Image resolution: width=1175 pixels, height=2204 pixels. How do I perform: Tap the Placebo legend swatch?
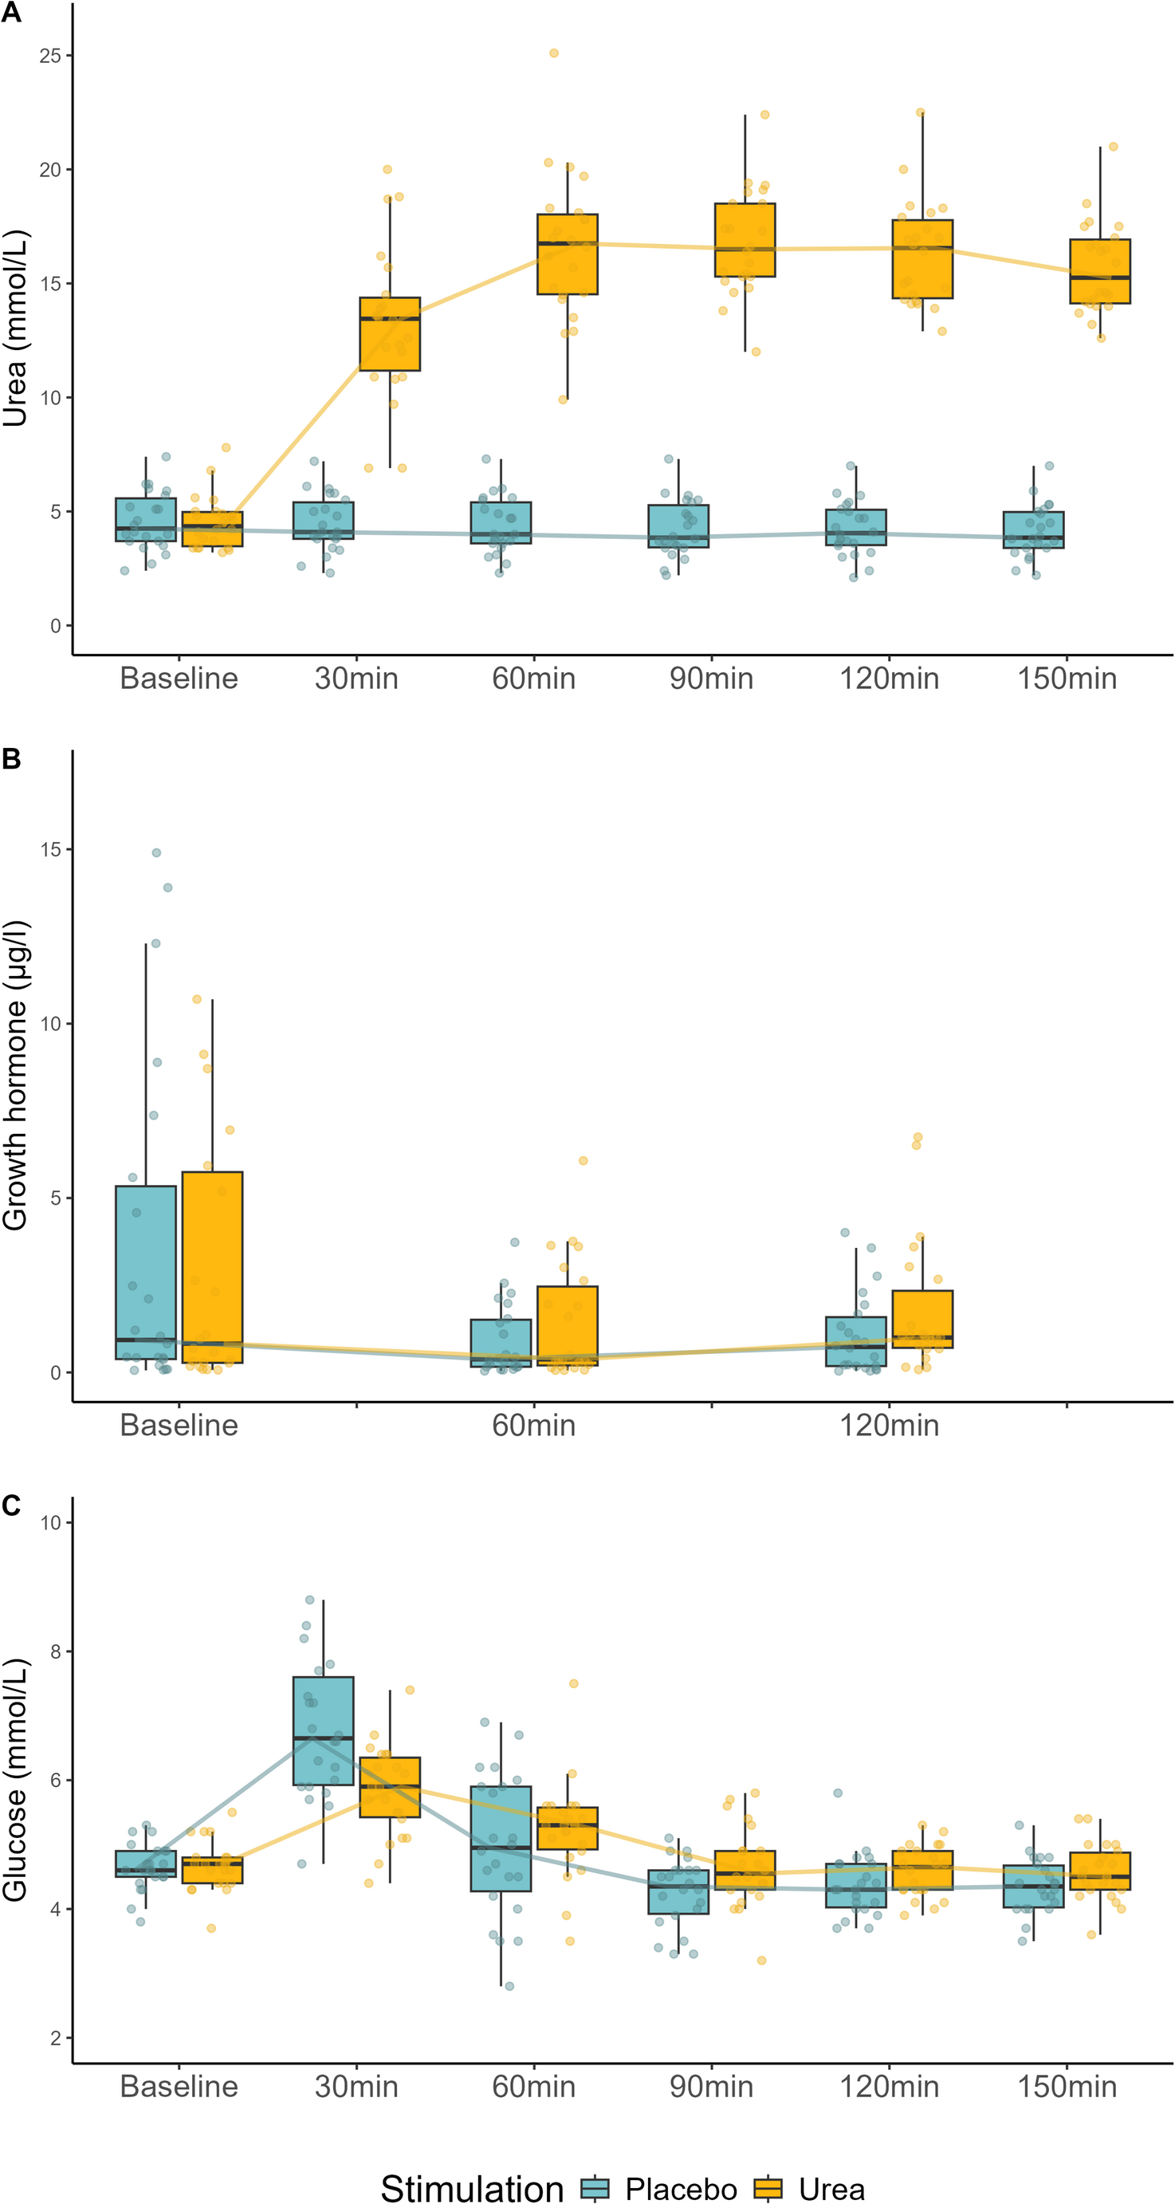(595, 2189)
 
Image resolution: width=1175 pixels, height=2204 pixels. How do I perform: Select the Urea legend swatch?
(768, 2189)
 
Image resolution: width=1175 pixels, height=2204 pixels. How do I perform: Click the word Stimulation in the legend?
(471, 2188)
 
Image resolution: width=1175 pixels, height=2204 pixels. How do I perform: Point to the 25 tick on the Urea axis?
(49, 56)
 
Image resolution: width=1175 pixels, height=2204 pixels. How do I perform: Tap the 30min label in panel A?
(356, 679)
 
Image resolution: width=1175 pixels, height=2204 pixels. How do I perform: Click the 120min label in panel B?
(889, 1425)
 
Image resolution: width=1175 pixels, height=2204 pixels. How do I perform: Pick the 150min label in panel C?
(1067, 2086)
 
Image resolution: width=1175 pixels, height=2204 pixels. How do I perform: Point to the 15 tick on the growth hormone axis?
(49, 849)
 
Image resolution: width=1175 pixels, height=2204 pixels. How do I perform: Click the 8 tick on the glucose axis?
(55, 1651)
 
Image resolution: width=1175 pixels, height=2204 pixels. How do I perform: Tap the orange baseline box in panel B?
(212, 1267)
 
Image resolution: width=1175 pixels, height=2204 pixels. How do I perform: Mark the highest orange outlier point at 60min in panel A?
(553, 53)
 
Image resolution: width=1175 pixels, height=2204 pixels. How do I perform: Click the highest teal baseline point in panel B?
(156, 853)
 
